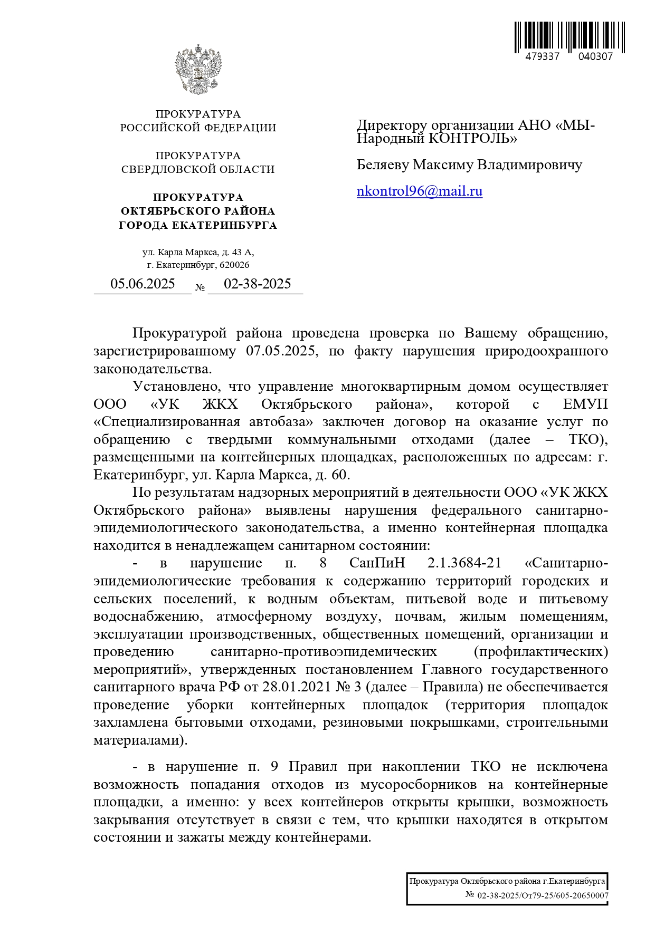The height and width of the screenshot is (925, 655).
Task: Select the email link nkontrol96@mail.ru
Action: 420,191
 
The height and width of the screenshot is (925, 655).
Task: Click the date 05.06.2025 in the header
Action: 143,284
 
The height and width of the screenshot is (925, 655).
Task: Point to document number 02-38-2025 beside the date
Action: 257,284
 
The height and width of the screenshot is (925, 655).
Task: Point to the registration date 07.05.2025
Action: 282,351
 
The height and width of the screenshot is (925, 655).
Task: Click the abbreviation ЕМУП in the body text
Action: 585,404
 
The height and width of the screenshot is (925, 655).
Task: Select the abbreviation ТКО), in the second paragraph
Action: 588,440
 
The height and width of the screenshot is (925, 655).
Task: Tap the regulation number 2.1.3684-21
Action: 464,563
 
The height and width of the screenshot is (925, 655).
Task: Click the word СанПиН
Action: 377,563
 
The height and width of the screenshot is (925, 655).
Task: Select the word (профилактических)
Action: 540,652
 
